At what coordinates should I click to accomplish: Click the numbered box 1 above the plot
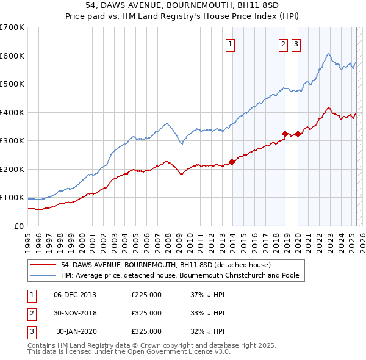[231, 43]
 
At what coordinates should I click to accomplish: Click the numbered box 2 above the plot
[284, 43]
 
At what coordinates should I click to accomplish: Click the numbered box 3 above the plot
[296, 43]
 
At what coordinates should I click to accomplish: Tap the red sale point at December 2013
[232, 162]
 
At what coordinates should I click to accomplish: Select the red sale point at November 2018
[285, 134]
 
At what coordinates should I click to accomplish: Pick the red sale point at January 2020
[298, 134]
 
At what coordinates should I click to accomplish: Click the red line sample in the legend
[43, 265]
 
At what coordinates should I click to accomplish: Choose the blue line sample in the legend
[43, 275]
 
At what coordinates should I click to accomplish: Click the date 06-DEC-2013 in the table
[75, 295]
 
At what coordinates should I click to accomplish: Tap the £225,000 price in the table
[146, 295]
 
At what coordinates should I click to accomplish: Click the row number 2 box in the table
[30, 313]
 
